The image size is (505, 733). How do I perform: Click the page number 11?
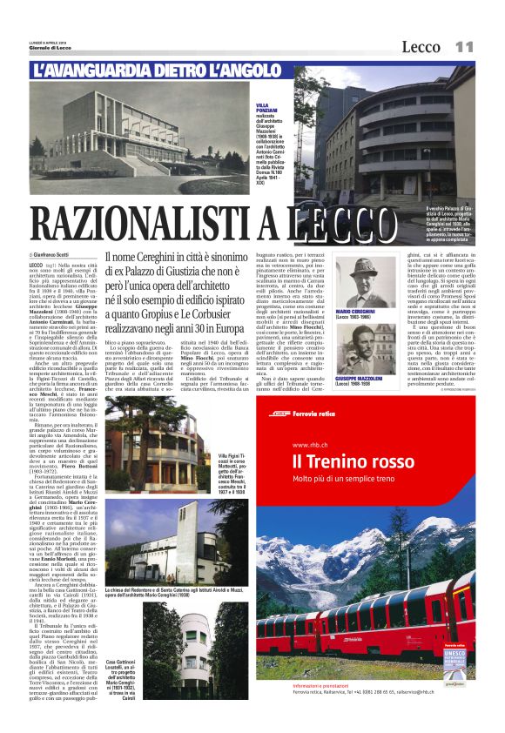(465, 46)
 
